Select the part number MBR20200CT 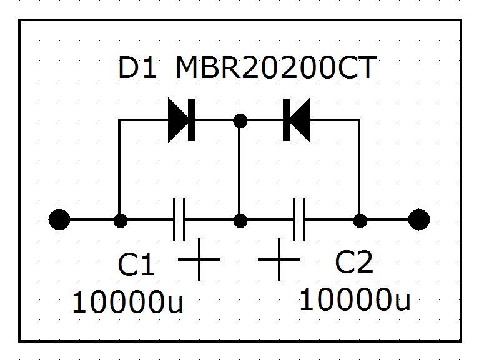pos(276,69)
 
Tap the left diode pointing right pos(182,120)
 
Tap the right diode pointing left pos(296,120)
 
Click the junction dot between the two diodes pos(239,120)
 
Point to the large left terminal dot pos(59,220)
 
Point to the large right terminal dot pos(418,220)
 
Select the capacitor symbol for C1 pos(180,220)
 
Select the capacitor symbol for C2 pos(299,220)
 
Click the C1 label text pos(136,266)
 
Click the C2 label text pos(354,263)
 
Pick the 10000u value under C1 pos(127,303)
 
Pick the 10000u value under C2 pos(355,300)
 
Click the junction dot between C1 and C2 pos(239,220)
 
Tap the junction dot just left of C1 pos(119,220)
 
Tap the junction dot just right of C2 pos(360,220)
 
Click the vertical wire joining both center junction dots pos(239,170)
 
